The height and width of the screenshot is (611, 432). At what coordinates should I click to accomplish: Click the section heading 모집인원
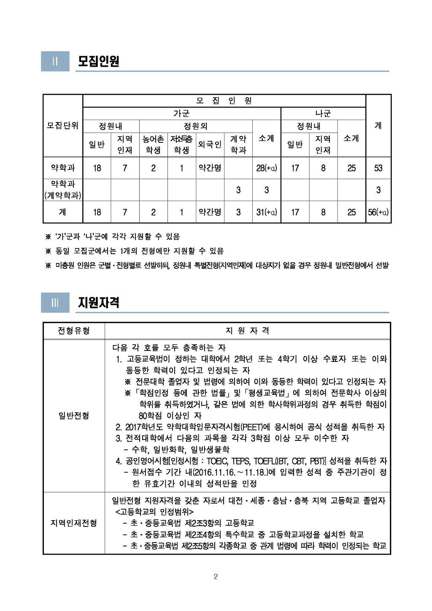click(x=98, y=61)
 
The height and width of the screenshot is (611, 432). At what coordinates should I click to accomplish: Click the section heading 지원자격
click(x=98, y=302)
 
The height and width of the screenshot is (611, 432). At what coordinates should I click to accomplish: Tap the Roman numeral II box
click(x=55, y=61)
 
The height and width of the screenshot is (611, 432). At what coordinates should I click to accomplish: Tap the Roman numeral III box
click(x=55, y=302)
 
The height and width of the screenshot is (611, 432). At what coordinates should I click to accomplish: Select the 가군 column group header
click(x=181, y=113)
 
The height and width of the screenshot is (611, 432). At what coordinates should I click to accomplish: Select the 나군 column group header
click(x=323, y=113)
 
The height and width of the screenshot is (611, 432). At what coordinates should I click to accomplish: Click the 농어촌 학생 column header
click(x=153, y=144)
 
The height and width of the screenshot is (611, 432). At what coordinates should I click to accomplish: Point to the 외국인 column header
click(x=210, y=144)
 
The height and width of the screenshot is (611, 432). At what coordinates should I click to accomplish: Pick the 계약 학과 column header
click(x=238, y=144)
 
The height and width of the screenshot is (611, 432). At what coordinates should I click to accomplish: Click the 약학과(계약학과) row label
click(x=62, y=190)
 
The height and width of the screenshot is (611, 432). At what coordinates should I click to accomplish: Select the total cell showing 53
click(x=378, y=168)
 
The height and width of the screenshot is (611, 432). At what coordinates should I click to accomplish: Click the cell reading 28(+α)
click(x=267, y=168)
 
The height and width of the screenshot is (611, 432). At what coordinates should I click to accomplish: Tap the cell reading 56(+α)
click(x=378, y=212)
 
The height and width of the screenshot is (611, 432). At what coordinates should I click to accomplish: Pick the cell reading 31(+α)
click(x=267, y=212)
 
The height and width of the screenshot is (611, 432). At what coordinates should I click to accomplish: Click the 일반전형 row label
click(x=74, y=415)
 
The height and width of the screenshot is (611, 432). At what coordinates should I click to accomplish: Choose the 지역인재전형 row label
click(x=74, y=523)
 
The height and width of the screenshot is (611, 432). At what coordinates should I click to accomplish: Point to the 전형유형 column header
click(x=74, y=331)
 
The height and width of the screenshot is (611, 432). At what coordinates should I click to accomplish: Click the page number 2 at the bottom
click(x=216, y=577)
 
